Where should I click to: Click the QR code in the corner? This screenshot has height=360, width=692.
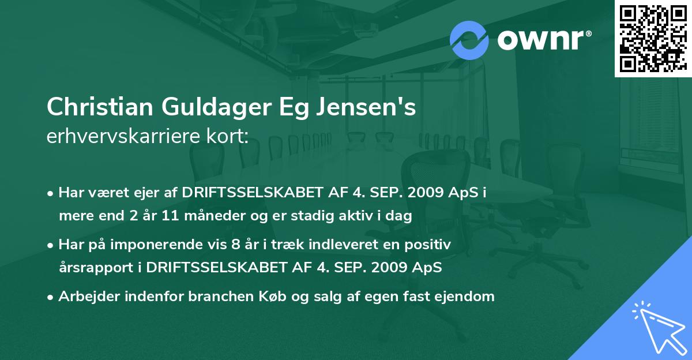tap(653, 38)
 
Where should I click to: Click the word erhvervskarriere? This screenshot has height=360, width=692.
tap(119, 136)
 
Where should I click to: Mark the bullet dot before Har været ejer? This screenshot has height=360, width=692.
tap(51, 194)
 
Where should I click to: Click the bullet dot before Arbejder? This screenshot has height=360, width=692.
tap(51, 297)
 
